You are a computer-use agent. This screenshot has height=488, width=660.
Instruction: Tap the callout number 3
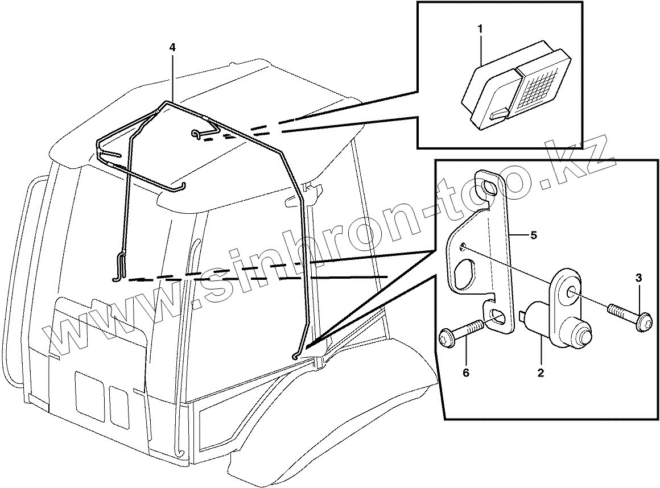click(638, 278)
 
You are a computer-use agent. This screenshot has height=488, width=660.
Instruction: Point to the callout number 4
click(172, 48)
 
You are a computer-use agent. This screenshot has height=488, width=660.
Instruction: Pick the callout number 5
click(533, 235)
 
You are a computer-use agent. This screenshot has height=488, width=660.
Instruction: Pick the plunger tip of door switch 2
click(585, 337)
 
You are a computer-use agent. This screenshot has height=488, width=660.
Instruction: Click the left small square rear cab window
click(89, 396)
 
